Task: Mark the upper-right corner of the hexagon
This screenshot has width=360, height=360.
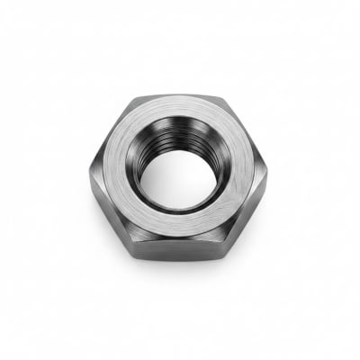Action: (225, 96)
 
